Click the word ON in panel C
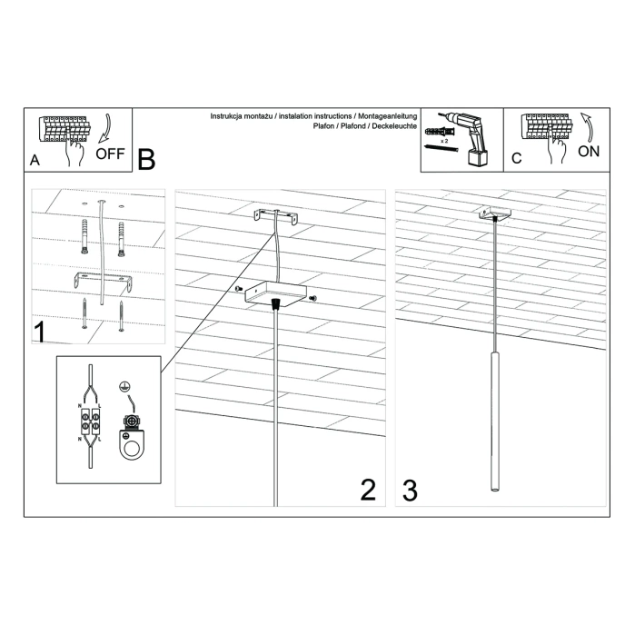click(x=588, y=151)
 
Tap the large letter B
click(x=146, y=160)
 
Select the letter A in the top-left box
click(x=35, y=160)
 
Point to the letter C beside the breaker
click(x=516, y=159)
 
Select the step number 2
click(x=367, y=490)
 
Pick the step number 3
click(x=410, y=490)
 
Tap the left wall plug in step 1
click(x=84, y=236)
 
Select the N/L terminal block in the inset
click(x=89, y=425)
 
